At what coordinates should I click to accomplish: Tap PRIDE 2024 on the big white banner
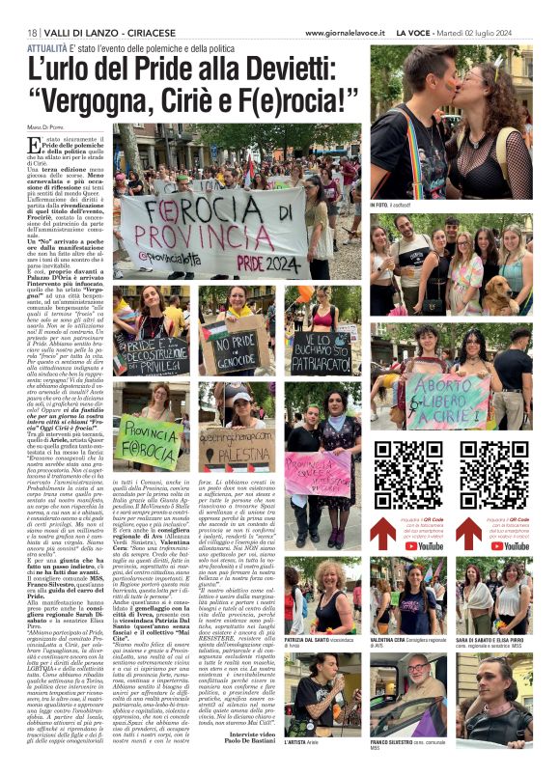pyautogui.click(x=266, y=261)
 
